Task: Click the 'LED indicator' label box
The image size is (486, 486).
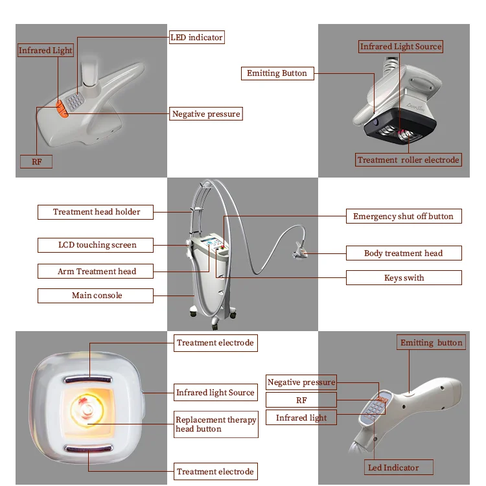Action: pos(196,38)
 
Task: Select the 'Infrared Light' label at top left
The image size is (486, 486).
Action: pos(45,51)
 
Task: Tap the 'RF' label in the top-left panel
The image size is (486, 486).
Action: pos(36,161)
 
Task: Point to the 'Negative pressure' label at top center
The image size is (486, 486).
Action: pos(206,114)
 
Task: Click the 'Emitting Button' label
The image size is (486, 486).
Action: pos(277,73)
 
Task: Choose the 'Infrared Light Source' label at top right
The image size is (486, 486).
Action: pos(400,47)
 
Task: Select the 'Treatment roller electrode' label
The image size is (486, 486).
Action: pos(408,159)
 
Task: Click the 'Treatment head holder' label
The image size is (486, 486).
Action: pos(97,212)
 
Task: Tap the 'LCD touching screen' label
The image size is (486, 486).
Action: pos(97,245)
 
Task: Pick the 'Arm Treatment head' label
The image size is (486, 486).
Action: pos(97,272)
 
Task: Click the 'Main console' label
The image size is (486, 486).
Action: pos(97,295)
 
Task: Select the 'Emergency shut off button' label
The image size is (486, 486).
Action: pos(403,216)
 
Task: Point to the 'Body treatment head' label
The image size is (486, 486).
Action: pos(403,253)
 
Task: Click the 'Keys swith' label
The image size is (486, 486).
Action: pos(403,278)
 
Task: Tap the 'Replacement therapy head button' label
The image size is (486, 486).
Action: pos(215,424)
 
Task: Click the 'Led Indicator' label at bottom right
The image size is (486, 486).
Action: pos(393,468)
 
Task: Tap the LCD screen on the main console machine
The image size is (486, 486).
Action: pos(211,246)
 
